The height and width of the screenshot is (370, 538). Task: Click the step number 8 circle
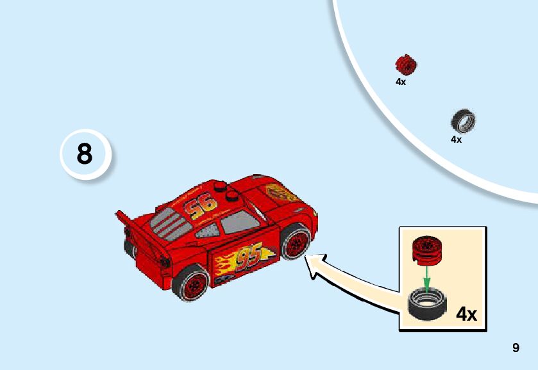(x=85, y=155)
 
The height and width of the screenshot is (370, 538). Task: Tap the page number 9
(x=516, y=348)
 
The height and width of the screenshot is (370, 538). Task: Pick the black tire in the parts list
(x=463, y=121)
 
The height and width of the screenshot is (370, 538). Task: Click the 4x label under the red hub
(x=401, y=82)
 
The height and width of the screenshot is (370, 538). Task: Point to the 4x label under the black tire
(x=456, y=139)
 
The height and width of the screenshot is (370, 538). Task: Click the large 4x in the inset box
(x=466, y=314)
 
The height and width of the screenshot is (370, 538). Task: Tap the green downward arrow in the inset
(x=425, y=276)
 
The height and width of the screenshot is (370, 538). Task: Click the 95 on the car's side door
(x=248, y=257)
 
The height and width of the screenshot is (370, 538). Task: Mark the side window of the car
(x=238, y=223)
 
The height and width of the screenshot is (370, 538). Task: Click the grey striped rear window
(x=169, y=221)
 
